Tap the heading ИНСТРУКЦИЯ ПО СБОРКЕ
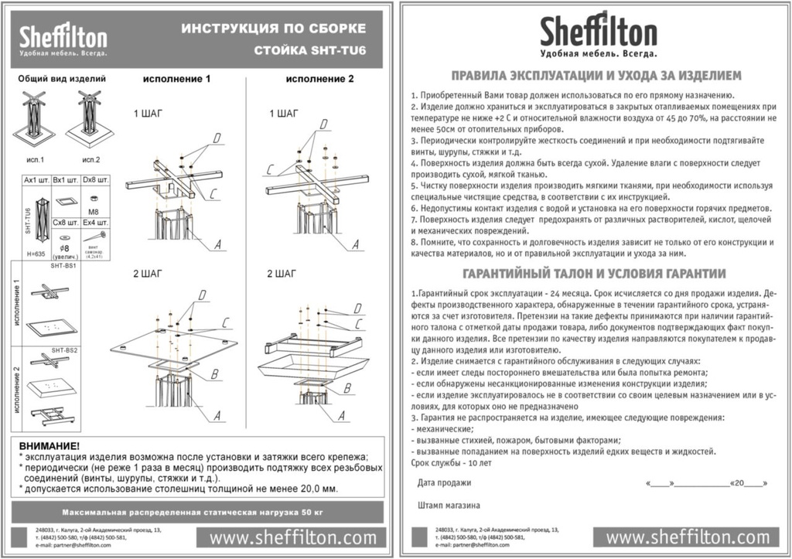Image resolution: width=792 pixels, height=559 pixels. (x=273, y=29)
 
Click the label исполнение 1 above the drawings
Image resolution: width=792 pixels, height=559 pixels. (x=176, y=79)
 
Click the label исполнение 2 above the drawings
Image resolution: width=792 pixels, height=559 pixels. (x=319, y=79)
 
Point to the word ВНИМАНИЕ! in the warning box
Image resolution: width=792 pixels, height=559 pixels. (x=49, y=446)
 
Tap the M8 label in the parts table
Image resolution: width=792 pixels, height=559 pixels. (x=92, y=210)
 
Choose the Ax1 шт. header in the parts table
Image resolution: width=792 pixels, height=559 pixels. (x=36, y=179)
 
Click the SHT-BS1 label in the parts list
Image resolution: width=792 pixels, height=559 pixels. (x=63, y=265)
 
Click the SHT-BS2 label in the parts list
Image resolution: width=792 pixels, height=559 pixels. (x=63, y=350)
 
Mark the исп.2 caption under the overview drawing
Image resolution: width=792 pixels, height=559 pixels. (x=91, y=159)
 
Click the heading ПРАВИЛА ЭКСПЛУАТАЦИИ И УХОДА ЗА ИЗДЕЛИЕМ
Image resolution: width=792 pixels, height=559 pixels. (x=596, y=75)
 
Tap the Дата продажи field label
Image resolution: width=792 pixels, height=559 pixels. (x=444, y=482)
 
